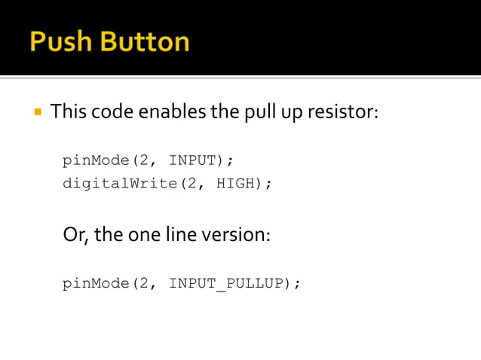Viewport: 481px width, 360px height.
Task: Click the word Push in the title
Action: (x=58, y=41)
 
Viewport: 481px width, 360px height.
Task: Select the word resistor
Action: (x=345, y=113)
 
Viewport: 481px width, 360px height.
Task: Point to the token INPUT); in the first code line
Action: (x=201, y=160)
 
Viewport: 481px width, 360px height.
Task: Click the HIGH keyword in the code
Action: (x=235, y=183)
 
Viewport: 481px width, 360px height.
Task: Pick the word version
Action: (x=237, y=234)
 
